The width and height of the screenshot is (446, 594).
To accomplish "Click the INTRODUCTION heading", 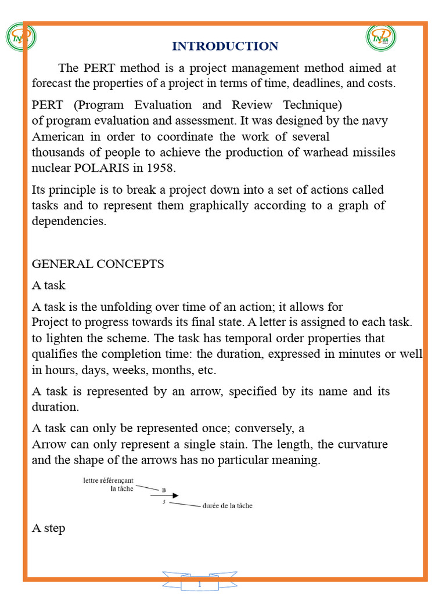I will pos(225,46).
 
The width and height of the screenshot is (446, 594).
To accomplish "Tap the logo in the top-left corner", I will pos(20,38).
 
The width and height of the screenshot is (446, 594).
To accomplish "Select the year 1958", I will pos(161,168).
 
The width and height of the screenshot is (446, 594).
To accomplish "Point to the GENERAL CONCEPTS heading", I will pos(98,264).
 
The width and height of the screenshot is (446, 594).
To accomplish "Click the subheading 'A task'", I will pos(48,285).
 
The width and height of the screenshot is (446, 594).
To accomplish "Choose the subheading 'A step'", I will pos(48,528).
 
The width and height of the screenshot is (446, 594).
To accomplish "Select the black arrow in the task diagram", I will pos(165,496).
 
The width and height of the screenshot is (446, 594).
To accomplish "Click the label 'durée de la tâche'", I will pos(227,506).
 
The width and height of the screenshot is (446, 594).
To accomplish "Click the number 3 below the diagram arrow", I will pos(164,502).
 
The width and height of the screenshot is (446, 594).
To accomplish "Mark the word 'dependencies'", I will pos(69,221).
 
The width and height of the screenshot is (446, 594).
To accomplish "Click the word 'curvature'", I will pos(360,444).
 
